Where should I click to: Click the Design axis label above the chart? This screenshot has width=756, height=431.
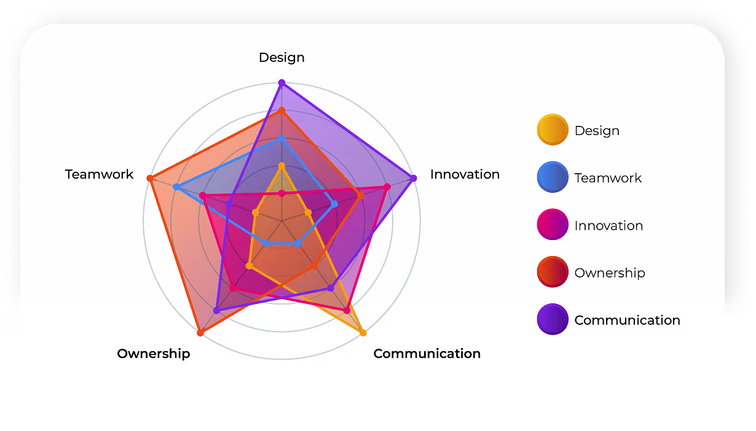click(x=282, y=58)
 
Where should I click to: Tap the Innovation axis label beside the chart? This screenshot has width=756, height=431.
click(x=465, y=174)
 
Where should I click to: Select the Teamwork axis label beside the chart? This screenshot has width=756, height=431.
click(x=99, y=174)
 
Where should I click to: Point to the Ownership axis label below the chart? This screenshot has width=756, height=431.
click(x=154, y=354)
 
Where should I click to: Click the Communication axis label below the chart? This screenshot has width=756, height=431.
click(x=427, y=354)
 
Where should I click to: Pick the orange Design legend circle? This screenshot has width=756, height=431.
click(x=553, y=130)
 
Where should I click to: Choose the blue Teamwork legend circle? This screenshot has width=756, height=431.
click(x=553, y=177)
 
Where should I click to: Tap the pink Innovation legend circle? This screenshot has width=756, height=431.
click(x=553, y=225)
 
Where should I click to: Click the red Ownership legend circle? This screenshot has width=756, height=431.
click(x=553, y=272)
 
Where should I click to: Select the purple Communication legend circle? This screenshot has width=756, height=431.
click(x=553, y=319)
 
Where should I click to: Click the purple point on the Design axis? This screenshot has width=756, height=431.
click(x=282, y=83)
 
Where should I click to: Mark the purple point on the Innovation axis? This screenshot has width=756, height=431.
click(x=413, y=179)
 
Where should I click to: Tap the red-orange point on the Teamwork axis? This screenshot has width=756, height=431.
click(x=150, y=179)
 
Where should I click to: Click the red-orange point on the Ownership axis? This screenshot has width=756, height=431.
click(x=200, y=333)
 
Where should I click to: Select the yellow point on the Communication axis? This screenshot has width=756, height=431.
click(x=363, y=333)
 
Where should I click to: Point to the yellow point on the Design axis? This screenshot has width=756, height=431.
click(x=282, y=166)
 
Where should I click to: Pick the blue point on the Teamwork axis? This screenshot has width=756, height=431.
click(x=176, y=187)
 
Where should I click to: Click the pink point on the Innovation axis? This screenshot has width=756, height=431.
click(x=387, y=187)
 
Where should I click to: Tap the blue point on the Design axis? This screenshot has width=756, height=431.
click(x=282, y=138)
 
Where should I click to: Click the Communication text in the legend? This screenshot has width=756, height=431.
click(x=627, y=320)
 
